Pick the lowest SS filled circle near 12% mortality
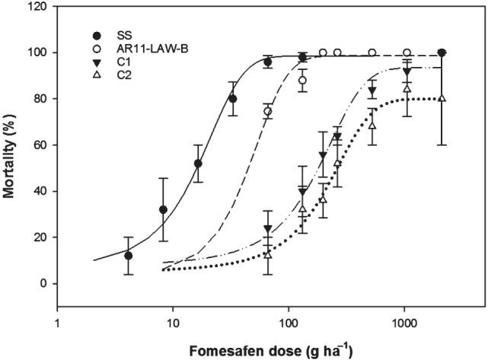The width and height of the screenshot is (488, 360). coord(129,256)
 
